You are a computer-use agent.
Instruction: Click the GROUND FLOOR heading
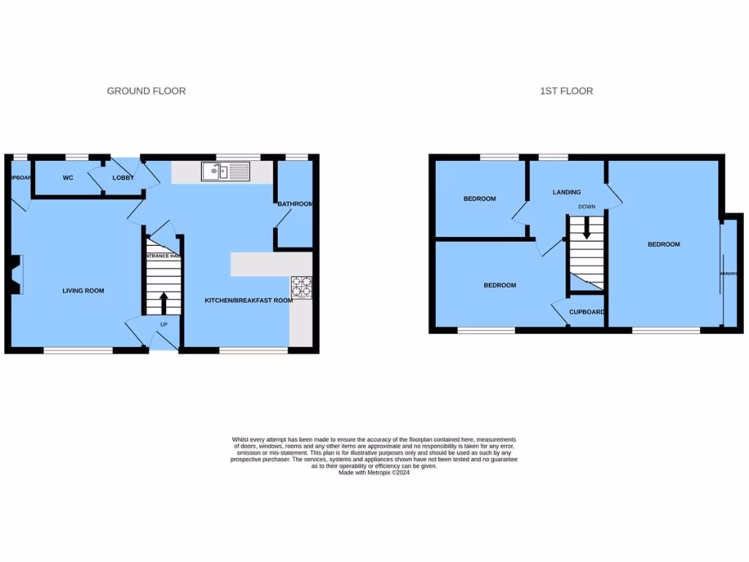coord(146,91)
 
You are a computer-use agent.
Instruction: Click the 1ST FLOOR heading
coord(566,91)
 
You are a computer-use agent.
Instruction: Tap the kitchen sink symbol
coord(226,172)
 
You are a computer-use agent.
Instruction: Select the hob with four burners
coord(301,287)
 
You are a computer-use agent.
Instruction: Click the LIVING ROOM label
coord(83,291)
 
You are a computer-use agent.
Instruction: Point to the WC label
coord(68,178)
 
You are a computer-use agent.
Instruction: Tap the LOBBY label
coord(123,178)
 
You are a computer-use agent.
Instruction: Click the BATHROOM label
coord(295,204)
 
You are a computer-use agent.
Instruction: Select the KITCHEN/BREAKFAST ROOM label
coord(248,300)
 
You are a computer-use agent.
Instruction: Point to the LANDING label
coord(566,192)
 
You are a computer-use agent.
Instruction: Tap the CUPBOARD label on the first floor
coord(587,312)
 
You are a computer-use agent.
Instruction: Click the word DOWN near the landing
coord(587,206)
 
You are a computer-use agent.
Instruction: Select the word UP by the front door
coord(164,324)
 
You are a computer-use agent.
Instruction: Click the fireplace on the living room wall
coord(16,274)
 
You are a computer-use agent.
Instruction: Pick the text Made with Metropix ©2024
coord(374,473)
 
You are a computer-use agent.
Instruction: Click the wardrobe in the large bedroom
coord(729,274)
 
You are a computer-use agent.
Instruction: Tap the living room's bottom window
coord(78,351)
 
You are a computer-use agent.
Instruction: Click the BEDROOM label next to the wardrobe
coord(663,244)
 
